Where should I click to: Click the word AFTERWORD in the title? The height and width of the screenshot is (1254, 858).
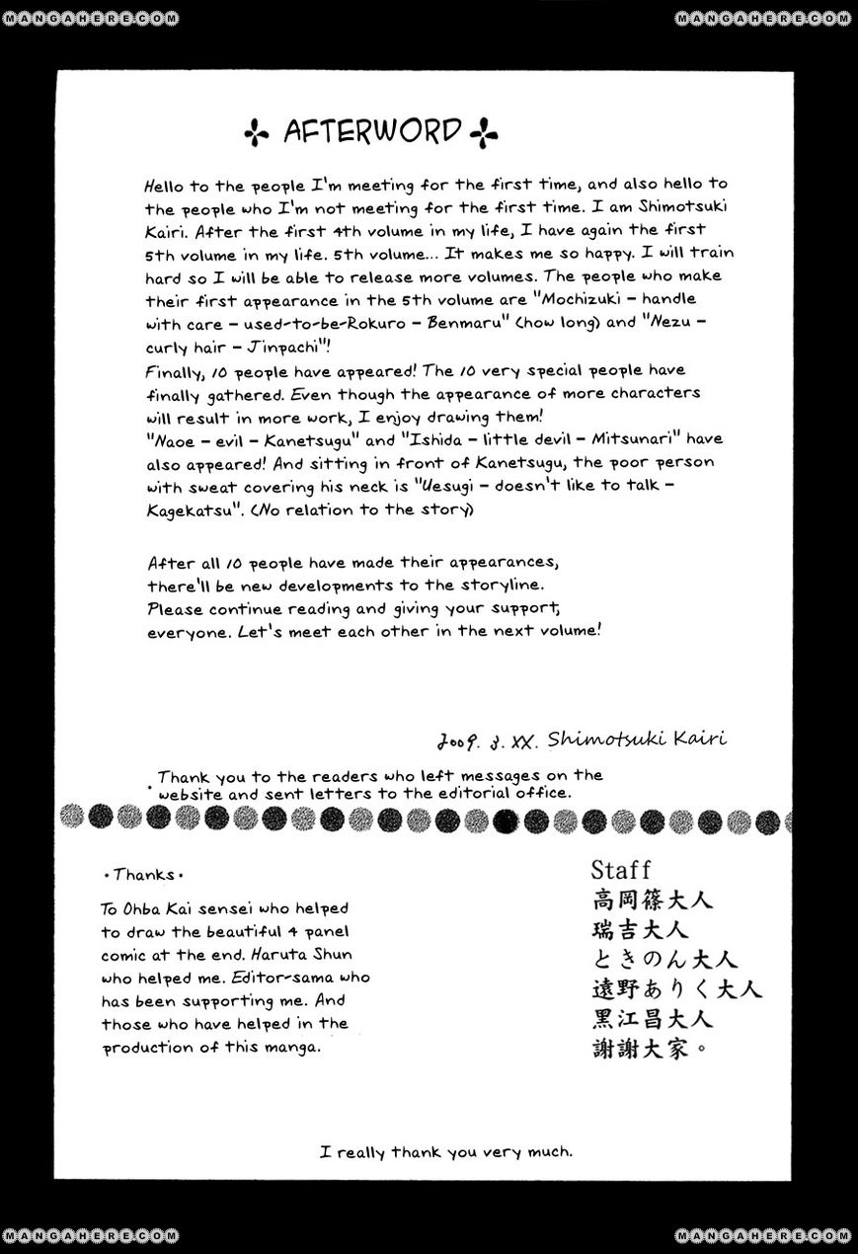[x=372, y=130]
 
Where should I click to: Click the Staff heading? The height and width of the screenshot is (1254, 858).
[x=620, y=869]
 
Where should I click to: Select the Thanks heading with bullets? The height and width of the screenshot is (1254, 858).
[x=143, y=874]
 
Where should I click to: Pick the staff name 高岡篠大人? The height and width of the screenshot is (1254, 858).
[x=652, y=900]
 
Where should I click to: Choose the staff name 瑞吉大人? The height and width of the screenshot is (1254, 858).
[x=640, y=929]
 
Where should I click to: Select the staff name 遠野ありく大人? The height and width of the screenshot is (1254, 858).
[x=676, y=988]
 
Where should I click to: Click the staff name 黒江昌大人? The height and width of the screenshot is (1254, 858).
[x=652, y=1018]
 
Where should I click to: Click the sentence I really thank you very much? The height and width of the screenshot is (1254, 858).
[x=446, y=1151]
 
